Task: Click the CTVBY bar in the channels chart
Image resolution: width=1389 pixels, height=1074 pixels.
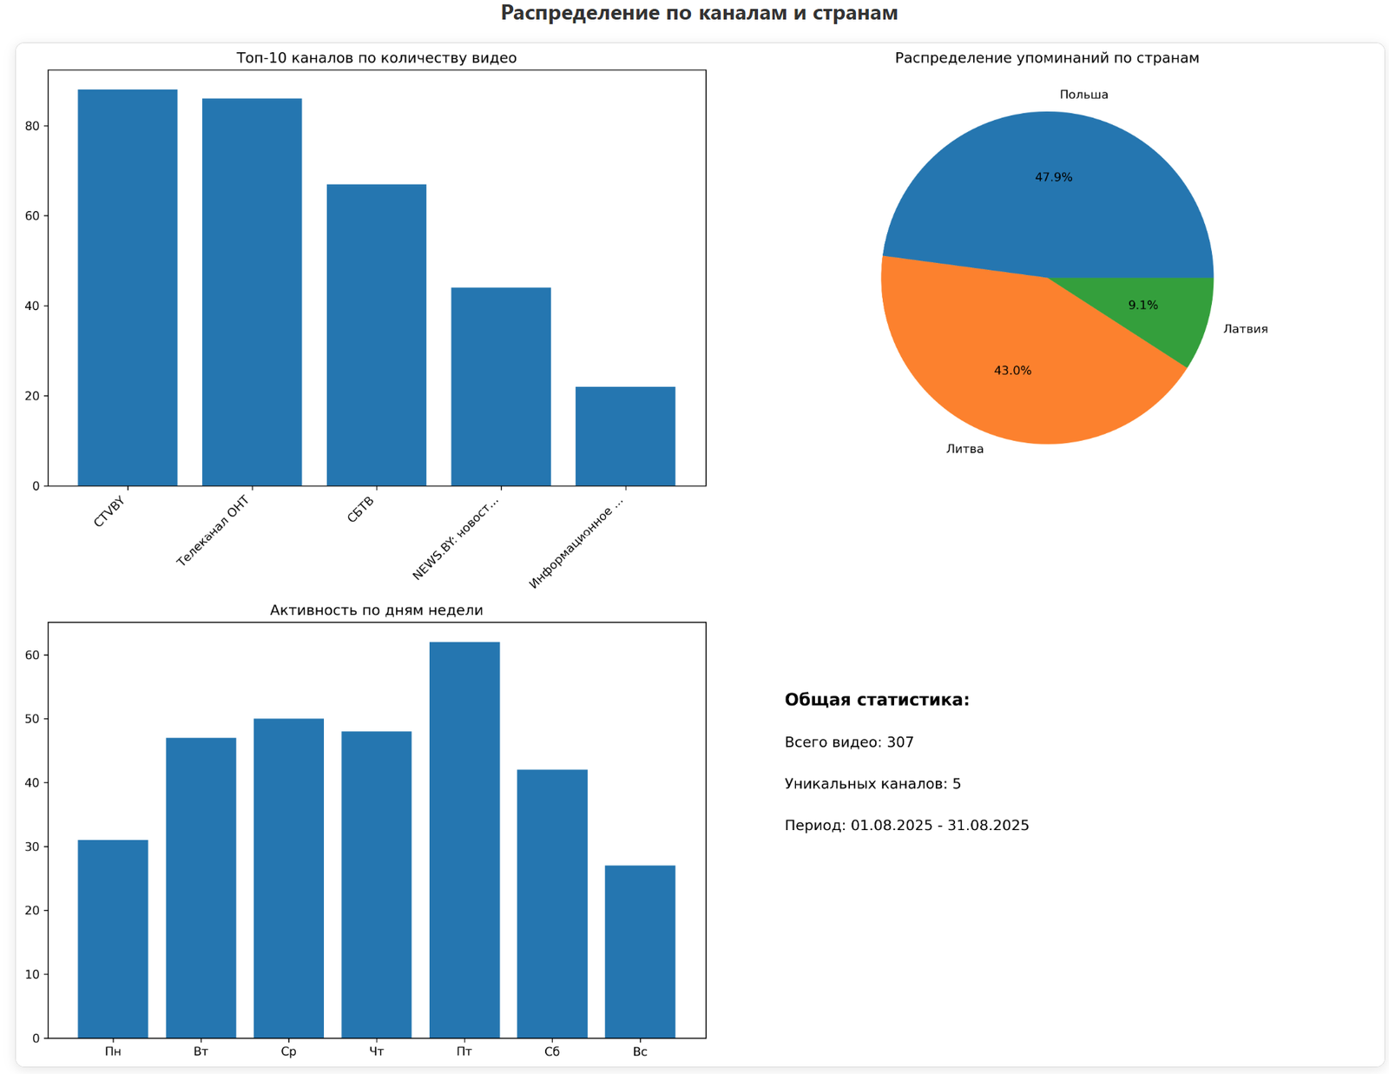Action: pos(128,287)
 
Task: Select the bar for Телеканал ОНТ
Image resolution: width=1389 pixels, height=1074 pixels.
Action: pos(252,292)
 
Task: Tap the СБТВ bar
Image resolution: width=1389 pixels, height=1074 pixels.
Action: pos(376,334)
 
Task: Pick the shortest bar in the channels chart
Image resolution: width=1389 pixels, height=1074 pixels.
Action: pos(625,436)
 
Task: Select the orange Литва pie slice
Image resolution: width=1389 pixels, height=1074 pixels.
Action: pos(1016,365)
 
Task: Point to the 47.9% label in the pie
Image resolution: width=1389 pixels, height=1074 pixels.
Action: pos(1053,177)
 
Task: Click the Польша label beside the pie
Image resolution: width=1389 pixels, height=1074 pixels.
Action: pos(1083,95)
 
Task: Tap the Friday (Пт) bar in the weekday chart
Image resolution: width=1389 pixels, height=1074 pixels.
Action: pos(464,840)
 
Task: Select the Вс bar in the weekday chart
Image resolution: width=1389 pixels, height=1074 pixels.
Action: pos(640,951)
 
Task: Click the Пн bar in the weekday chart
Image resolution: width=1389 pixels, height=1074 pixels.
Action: pos(113,939)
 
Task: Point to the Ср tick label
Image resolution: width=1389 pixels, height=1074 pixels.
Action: pos(289,1052)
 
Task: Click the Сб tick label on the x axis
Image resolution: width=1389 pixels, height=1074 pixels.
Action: pos(552,1052)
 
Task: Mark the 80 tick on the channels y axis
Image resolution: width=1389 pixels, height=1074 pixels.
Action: pos(32,126)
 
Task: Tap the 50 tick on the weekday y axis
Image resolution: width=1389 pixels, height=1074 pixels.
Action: pos(32,719)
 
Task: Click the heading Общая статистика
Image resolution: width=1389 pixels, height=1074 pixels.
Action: pos(877,700)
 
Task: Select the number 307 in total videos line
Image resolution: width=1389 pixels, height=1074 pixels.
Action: pos(900,742)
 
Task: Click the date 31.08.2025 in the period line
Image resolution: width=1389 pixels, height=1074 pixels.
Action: pos(988,826)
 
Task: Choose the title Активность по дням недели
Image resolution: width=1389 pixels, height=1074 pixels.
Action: pos(376,610)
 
